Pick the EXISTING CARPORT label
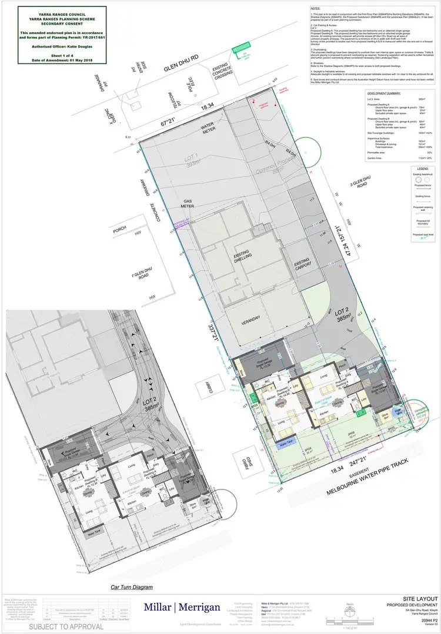(302, 262)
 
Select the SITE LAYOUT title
(417, 597)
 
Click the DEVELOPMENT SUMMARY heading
(384, 93)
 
